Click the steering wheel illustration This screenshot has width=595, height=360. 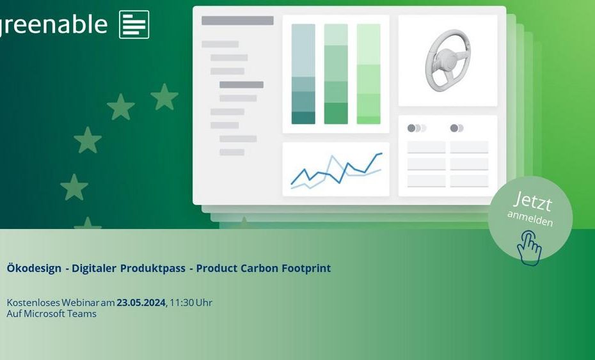447,61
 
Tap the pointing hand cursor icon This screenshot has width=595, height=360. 529,248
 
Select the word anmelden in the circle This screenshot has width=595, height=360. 530,218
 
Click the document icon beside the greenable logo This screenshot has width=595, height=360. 134,25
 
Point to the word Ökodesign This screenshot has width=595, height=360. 34,268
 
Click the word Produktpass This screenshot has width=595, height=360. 153,268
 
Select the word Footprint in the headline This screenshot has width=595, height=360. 306,268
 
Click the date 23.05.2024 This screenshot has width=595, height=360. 141,302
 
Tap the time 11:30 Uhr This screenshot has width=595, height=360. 191,302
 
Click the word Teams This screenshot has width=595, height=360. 82,314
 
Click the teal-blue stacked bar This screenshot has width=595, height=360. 303,74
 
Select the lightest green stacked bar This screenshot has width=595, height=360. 369,74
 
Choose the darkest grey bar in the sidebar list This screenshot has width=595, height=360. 241,84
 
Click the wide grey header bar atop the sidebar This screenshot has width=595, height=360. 237,20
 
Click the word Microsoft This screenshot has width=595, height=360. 44,314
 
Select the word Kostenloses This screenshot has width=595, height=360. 33,302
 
